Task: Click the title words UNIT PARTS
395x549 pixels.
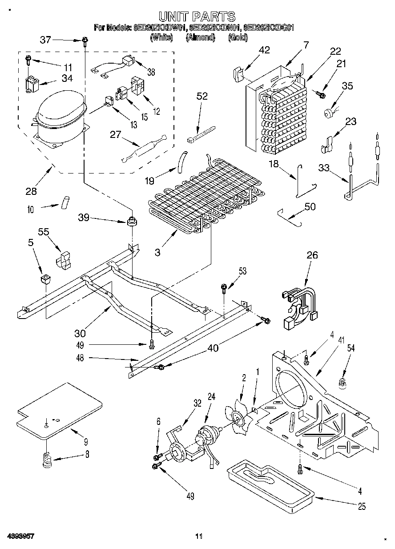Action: (197, 17)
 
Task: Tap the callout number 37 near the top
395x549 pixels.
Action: (45, 40)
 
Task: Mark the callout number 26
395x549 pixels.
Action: (312, 255)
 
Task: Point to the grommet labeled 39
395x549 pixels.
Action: (131, 221)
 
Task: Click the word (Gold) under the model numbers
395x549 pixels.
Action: (238, 38)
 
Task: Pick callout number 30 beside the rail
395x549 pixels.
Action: (80, 333)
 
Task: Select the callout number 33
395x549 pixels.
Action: (324, 167)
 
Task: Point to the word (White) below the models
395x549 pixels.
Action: (161, 38)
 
